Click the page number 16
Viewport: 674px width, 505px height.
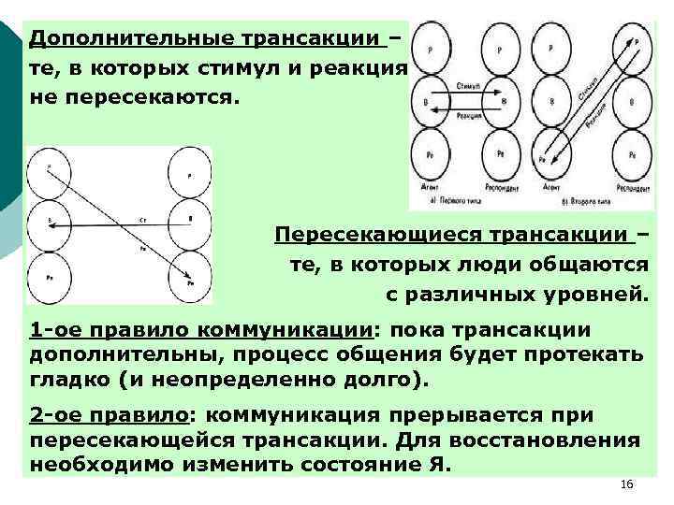point(627,483)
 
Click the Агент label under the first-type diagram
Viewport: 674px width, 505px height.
point(430,188)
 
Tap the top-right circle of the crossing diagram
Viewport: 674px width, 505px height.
point(190,173)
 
